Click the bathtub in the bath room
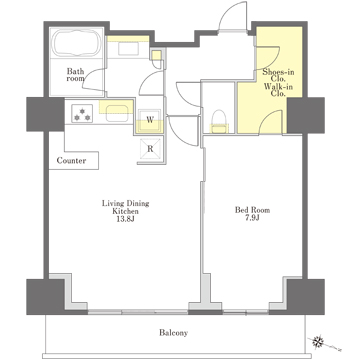[77, 43]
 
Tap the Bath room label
[75, 75]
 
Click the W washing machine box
[150, 120]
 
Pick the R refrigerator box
[150, 149]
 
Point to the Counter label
[71, 161]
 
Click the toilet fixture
[219, 121]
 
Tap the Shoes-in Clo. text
[278, 75]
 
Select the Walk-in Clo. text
[278, 90]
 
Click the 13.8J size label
[125, 219]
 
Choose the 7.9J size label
[252, 218]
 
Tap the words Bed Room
[252, 210]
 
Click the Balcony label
[173, 333]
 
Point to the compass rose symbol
[319, 341]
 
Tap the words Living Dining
[125, 203]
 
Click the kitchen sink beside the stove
[117, 108]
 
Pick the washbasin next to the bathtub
[128, 48]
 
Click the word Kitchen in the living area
[125, 211]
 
